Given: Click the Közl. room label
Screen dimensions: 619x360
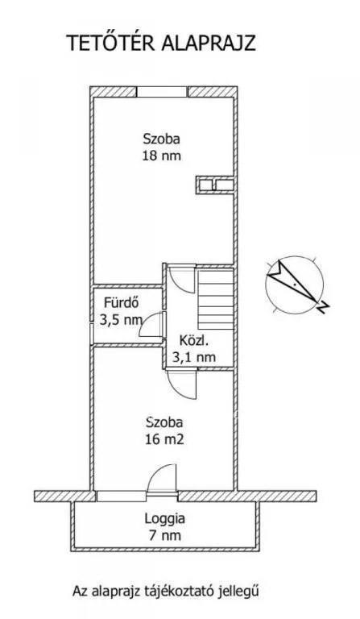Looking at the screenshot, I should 194,340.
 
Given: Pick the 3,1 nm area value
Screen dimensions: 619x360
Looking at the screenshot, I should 194,355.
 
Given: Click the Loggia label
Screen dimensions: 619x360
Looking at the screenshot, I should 164,519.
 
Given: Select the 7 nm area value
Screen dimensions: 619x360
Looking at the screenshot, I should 164,534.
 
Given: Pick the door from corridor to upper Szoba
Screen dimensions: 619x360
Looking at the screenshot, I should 181,279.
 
